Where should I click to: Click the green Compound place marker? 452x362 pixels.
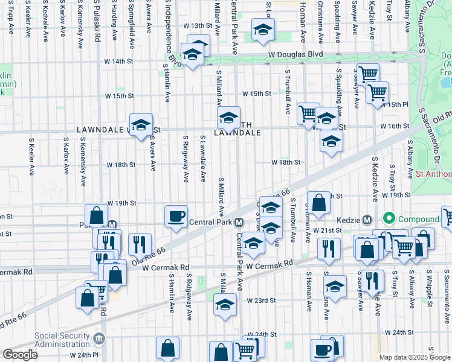click(388, 219)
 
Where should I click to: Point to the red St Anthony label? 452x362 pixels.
click(433, 174)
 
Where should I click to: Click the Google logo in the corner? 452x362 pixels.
click(20, 355)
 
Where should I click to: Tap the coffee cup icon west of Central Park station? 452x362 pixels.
click(176, 216)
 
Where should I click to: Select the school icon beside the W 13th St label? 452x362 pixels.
click(262, 30)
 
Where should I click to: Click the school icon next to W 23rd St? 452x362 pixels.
click(225, 304)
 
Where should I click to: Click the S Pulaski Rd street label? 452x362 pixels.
click(97, 22)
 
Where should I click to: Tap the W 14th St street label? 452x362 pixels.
click(118, 62)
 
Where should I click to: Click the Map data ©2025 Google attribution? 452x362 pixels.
click(415, 357)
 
